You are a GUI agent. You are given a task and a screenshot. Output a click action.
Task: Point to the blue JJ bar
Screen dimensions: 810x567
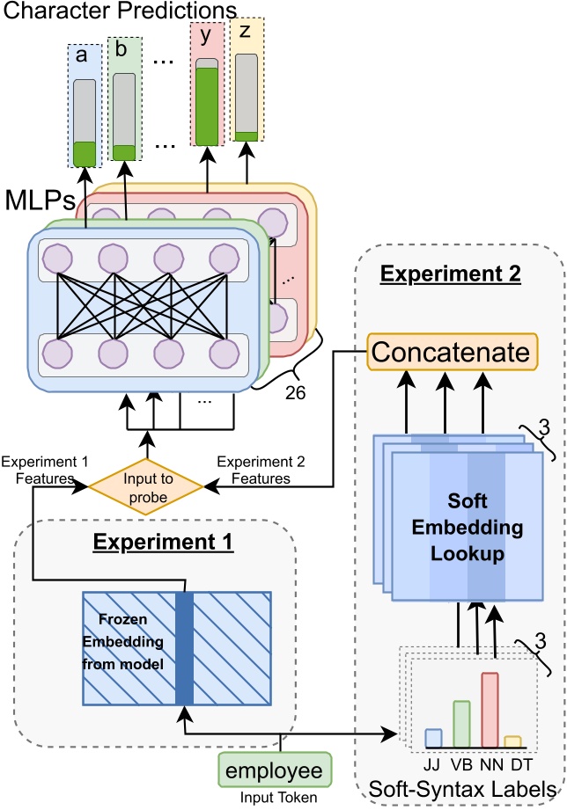click(x=433, y=738)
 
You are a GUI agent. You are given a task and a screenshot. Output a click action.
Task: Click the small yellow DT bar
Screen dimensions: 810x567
click(x=513, y=741)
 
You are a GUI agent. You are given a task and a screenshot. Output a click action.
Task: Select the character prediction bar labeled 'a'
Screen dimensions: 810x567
click(x=85, y=122)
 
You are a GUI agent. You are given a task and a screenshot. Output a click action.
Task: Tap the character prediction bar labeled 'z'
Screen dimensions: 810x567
click(x=247, y=97)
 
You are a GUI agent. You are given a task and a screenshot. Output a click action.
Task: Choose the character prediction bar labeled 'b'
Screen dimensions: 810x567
click(x=124, y=116)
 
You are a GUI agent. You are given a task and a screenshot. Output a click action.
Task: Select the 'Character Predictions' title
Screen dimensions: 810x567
click(x=119, y=11)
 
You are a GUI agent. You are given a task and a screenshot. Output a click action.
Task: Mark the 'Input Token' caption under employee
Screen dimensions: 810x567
click(x=272, y=799)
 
